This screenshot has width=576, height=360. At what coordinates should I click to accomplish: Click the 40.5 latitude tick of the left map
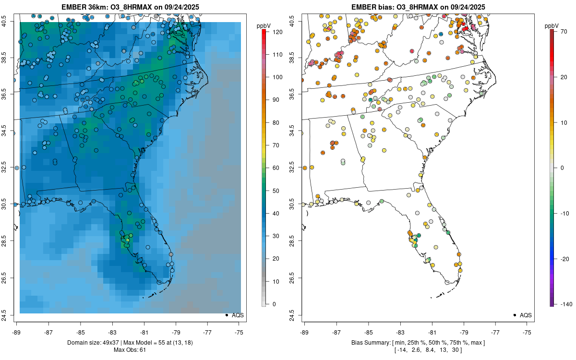click(x=10, y=21)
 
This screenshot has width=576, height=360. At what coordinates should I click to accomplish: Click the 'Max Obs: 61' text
click(x=130, y=349)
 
